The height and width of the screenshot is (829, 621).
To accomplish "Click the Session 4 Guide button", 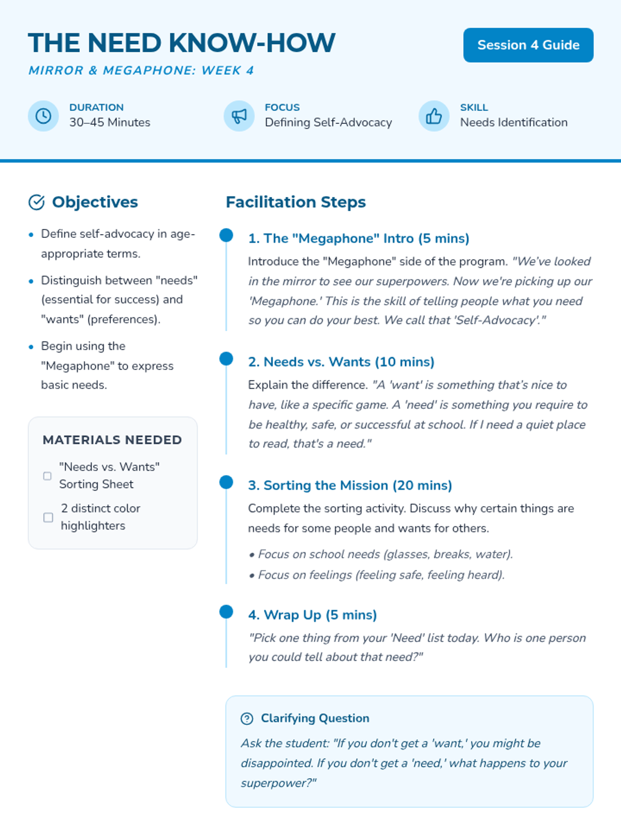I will tap(528, 45).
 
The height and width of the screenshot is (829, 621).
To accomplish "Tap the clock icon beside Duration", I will tap(43, 116).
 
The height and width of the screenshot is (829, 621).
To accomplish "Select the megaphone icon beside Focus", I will tap(239, 116).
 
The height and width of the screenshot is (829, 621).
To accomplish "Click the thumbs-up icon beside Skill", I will tap(434, 116).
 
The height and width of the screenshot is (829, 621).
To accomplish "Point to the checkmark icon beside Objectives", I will tap(36, 202).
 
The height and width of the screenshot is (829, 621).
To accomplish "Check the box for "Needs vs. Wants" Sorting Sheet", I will tap(48, 476).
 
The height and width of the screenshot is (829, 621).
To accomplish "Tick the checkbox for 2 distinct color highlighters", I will tap(48, 517).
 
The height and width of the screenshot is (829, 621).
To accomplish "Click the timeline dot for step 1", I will tap(226, 235).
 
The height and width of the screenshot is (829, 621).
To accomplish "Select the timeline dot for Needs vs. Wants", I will tap(226, 359).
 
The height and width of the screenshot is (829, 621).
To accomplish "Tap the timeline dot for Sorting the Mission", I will tap(226, 482).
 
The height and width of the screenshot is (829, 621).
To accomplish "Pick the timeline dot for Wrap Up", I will tap(226, 612).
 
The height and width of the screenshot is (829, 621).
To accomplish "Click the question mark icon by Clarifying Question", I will tap(247, 718).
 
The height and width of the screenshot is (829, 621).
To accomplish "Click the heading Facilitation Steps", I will tap(295, 202).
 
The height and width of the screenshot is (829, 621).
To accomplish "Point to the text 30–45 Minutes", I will tap(110, 122).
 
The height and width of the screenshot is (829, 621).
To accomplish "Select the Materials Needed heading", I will tap(112, 440).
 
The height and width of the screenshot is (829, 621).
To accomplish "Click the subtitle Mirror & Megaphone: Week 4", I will tap(141, 70).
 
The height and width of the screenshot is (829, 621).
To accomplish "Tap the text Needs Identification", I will tap(513, 122).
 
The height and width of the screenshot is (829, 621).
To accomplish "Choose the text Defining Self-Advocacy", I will tap(328, 122).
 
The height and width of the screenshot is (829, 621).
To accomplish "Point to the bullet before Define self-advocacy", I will tap(31, 235).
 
